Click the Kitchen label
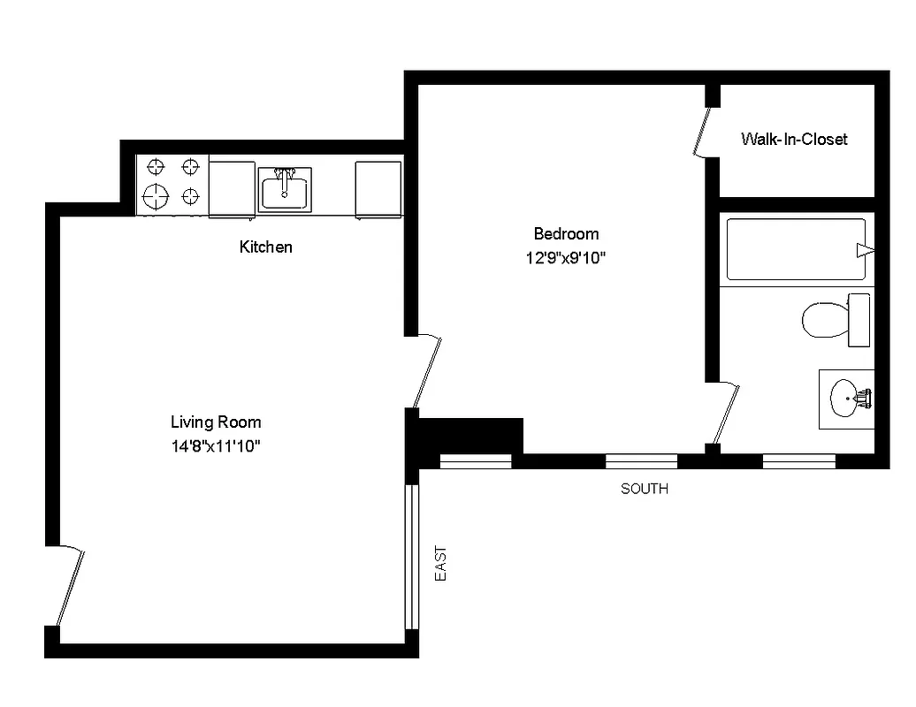click(x=265, y=247)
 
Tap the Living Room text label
click(x=216, y=422)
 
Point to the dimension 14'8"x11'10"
click(x=216, y=446)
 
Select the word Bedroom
click(x=566, y=234)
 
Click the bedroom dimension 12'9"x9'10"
click(x=566, y=259)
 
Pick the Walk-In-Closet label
click(x=794, y=139)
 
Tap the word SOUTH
click(x=644, y=489)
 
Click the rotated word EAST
click(x=440, y=563)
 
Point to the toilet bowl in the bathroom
click(x=823, y=319)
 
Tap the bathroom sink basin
click(x=846, y=399)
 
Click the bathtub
click(x=796, y=250)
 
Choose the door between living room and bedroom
click(x=426, y=371)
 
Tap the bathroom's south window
click(x=798, y=460)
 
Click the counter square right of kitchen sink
click(x=378, y=187)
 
